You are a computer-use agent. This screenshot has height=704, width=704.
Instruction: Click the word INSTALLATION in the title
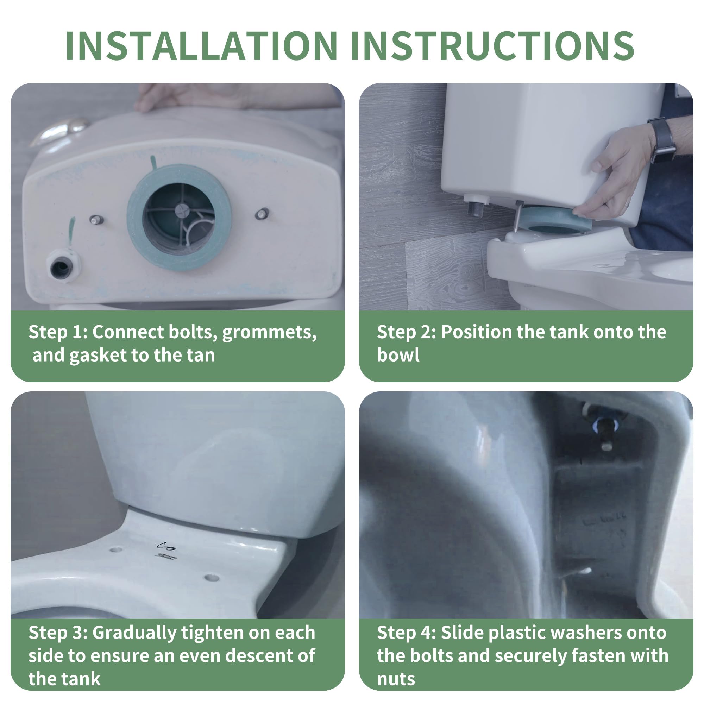[x=201, y=46]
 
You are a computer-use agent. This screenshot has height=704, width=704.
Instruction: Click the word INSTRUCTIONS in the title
[x=493, y=46]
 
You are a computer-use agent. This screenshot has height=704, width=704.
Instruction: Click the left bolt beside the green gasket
[x=96, y=220]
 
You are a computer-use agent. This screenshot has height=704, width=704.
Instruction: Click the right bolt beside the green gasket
[x=262, y=214]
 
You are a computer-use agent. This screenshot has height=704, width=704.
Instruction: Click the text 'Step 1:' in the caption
[x=58, y=332]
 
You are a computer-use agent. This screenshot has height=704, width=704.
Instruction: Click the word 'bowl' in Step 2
[x=398, y=355]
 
